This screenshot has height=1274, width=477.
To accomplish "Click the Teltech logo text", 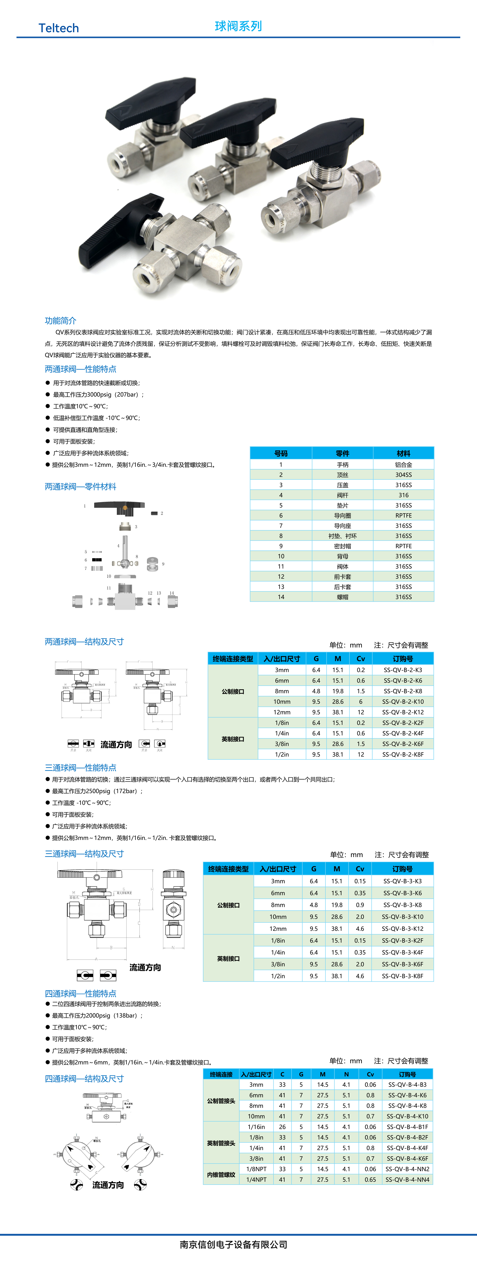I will (58, 28).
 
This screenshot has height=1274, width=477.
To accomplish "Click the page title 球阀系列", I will (238, 26).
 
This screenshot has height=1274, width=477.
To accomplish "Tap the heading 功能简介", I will (60, 320).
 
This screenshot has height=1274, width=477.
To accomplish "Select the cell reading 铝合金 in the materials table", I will (403, 464).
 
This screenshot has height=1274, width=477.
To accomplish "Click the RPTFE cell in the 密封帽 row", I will (403, 546).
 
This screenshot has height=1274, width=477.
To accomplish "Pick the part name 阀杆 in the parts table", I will (342, 495).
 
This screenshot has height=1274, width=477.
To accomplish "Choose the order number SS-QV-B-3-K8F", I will (402, 976).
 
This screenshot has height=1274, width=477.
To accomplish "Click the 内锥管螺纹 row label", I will (221, 1174).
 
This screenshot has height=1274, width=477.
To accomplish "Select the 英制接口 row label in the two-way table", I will (233, 739).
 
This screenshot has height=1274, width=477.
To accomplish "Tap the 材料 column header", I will (403, 453).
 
